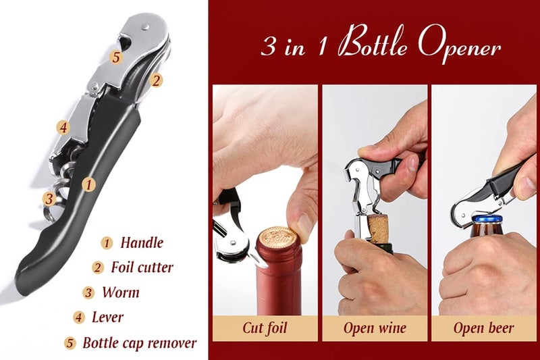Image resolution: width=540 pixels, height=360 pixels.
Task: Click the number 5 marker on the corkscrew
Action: click(116, 57)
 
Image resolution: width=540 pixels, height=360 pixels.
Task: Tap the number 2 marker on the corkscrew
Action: click(156, 80)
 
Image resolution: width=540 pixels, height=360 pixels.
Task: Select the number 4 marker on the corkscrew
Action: click(62, 127)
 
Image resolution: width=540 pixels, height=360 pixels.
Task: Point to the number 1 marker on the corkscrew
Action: click(88, 182)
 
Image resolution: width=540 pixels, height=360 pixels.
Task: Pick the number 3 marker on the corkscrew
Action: click(49, 199)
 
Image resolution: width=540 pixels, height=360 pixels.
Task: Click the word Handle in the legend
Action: click(142, 242)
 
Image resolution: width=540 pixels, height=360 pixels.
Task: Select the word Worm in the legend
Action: click(121, 292)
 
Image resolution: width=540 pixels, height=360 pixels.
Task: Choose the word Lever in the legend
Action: click(108, 317)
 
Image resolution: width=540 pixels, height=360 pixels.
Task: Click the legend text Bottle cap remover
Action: click(140, 342)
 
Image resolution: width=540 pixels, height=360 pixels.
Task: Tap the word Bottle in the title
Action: click(369, 47)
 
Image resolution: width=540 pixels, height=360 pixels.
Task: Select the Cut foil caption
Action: click(265, 328)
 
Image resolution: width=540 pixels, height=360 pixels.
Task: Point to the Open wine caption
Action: click(375, 328)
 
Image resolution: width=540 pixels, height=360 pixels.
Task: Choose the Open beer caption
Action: click(483, 328)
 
